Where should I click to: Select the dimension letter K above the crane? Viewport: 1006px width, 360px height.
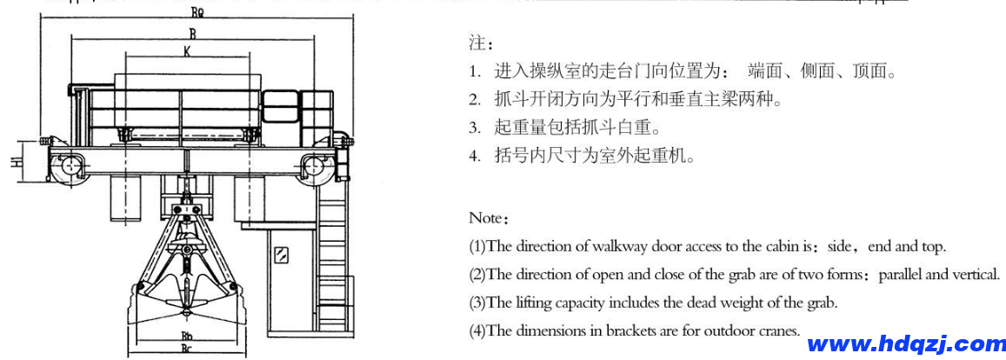pyautogui.click(x=186, y=51)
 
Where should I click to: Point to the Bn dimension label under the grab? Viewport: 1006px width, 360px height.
pyautogui.click(x=186, y=334)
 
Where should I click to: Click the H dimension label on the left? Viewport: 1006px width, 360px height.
pyautogui.click(x=16, y=162)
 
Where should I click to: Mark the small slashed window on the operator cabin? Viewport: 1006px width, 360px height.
pyautogui.click(x=281, y=256)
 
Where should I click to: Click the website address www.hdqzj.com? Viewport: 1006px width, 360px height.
pyautogui.click(x=906, y=344)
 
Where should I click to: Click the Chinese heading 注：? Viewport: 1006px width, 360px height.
pyautogui.click(x=481, y=43)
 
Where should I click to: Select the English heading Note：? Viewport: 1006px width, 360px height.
pyautogui.click(x=488, y=217)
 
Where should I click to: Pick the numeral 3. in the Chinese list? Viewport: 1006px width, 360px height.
pyautogui.click(x=475, y=129)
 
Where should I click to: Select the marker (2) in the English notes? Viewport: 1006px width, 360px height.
pyautogui.click(x=477, y=275)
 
